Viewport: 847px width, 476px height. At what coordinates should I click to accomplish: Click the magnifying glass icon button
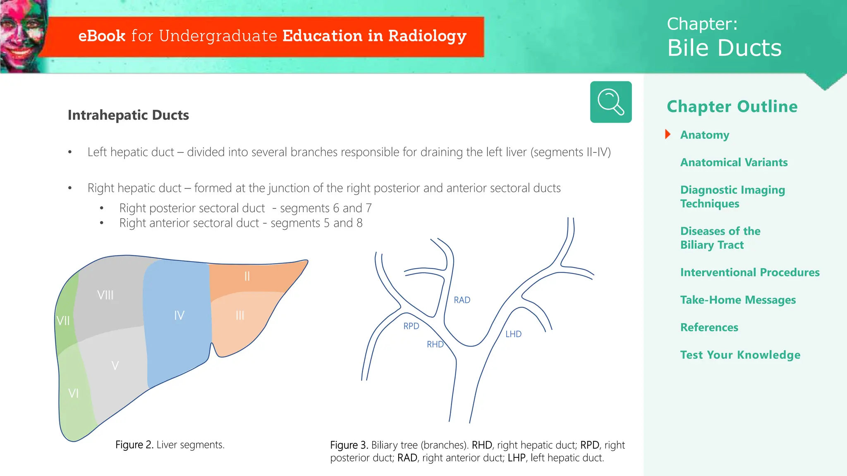point(610,102)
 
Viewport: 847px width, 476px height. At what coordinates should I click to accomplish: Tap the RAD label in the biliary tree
point(462,300)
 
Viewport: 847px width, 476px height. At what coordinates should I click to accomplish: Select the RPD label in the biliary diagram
point(411,326)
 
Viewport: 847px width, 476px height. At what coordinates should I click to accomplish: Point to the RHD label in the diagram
point(435,344)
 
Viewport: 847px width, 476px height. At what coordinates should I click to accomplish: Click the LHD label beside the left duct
point(513,334)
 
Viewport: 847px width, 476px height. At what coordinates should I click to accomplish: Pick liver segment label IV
point(179,315)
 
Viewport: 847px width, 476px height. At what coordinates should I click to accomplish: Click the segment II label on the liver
point(247,276)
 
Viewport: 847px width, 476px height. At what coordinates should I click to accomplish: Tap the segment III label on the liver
point(240,315)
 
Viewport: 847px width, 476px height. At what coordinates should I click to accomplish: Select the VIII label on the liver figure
point(105,295)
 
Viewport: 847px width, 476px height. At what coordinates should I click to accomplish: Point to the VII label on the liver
point(63,321)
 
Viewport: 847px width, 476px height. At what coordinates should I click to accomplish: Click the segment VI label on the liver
point(73,393)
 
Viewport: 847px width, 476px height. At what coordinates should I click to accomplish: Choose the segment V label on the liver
point(115,365)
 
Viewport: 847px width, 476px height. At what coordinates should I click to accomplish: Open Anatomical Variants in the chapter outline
point(734,162)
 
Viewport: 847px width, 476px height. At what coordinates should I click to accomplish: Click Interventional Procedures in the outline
point(749,272)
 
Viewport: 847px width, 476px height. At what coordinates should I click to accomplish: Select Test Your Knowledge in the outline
point(740,355)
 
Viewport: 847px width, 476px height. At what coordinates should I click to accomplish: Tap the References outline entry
point(709,327)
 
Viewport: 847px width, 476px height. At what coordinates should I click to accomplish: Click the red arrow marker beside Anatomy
point(668,134)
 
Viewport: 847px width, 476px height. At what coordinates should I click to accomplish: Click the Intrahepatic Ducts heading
point(128,115)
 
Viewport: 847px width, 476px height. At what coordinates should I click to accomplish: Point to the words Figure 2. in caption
point(134,445)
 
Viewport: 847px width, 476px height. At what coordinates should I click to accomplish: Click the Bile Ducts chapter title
point(724,48)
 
